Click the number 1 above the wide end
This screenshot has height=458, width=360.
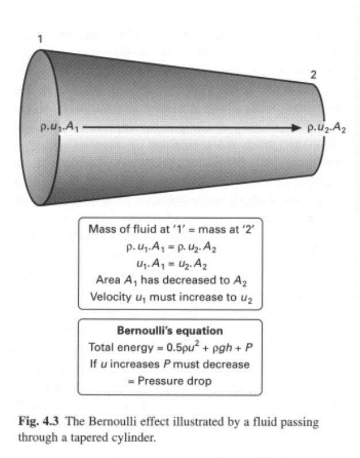(x=40, y=39)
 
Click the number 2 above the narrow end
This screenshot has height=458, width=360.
(x=313, y=75)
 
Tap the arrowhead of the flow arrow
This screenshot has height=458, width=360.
(x=296, y=128)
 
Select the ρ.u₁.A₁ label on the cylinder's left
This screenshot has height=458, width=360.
(x=59, y=127)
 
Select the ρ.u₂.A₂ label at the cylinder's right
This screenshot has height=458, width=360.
(x=327, y=128)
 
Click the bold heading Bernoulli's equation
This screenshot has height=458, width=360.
(x=170, y=331)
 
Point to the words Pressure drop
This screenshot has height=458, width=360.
(x=175, y=381)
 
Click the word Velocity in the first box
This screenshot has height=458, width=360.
(x=111, y=297)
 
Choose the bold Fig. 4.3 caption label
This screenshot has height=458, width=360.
(x=39, y=421)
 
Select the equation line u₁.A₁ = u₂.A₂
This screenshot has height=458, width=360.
(x=172, y=264)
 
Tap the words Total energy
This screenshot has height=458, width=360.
(x=121, y=348)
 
